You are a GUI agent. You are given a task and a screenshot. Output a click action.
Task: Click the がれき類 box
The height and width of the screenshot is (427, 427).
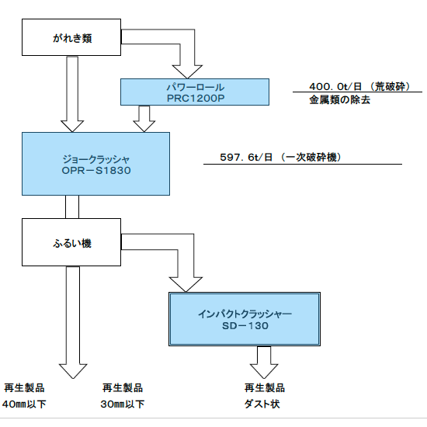pos(71,37)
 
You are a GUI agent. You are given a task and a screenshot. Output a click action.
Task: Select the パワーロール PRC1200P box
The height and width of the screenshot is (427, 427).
pos(195,92)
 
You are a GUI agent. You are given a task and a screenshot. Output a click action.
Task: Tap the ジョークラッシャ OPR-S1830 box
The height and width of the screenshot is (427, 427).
pos(95,164)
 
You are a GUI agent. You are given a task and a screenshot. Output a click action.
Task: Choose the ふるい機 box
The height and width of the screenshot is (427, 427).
pos(71,242)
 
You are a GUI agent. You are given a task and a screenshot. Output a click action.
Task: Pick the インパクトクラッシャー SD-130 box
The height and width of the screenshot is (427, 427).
pos(245,319)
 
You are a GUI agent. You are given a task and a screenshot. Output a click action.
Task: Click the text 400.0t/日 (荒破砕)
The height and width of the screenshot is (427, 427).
pos(359,87)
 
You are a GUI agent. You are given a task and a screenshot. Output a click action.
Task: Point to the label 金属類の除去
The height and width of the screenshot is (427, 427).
pos(339,100)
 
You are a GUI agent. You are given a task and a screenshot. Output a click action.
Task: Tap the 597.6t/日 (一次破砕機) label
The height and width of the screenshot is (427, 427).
pos(280,157)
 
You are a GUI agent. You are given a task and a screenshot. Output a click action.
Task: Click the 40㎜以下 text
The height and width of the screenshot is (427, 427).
pos(24,404)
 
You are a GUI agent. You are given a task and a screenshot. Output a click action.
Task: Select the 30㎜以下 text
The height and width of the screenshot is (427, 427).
pos(122,404)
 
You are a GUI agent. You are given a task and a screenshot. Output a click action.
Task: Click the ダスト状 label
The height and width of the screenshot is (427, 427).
pos(262,404)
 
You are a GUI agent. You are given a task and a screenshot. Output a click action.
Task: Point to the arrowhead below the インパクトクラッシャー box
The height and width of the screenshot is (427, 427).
pos(264,371)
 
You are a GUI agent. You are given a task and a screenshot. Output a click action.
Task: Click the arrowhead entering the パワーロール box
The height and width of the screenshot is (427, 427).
pos(187,72)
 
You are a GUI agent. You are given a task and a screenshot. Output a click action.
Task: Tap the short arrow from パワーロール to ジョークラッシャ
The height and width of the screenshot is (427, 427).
pos(144,119)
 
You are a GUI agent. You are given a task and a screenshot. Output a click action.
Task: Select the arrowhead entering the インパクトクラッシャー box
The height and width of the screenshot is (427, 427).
pos(186,285)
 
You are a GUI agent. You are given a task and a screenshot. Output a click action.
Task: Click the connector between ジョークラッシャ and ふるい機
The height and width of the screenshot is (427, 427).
pos(72,207)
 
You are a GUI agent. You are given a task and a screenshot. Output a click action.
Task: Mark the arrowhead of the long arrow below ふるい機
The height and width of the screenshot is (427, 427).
pos(73,371)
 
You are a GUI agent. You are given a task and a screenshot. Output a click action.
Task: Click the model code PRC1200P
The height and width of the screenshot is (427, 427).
pos(196,99)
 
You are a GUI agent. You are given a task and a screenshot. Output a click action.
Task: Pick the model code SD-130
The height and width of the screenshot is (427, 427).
pos(245,326)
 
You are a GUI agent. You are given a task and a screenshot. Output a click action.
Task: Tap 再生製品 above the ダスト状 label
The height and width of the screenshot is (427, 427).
pos(265,387)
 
